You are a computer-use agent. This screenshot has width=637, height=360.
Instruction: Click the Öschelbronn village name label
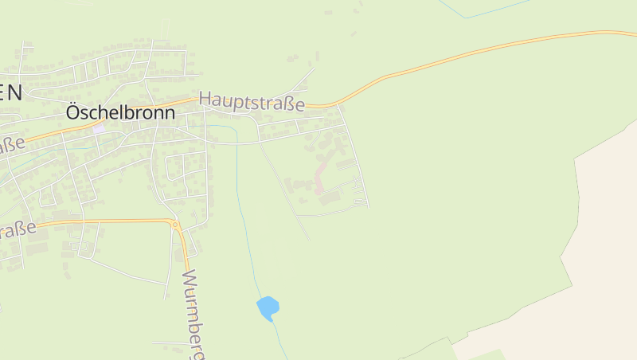click(119, 113)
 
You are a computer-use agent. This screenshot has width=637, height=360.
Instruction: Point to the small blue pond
click(268, 307)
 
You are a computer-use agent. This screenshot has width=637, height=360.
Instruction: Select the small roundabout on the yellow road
click(174, 225)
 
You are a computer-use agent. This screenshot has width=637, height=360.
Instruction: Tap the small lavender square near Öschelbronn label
click(98, 128)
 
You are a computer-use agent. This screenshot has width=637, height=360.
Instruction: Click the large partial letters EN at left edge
click(10, 91)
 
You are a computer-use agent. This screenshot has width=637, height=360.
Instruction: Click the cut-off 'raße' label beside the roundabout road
click(18, 230)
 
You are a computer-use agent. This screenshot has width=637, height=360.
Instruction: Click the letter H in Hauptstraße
click(205, 99)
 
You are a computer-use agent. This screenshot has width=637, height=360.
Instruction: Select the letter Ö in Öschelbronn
click(73, 112)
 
